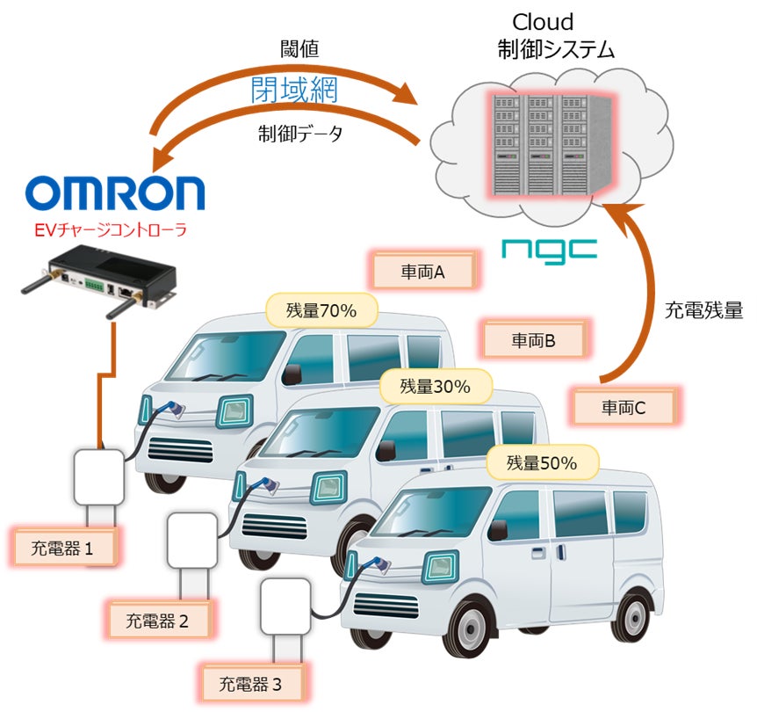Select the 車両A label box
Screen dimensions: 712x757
tap(424, 272)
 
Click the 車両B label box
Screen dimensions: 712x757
tap(534, 339)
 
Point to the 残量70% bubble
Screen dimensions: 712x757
tap(321, 309)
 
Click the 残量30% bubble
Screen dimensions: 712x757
tap(436, 385)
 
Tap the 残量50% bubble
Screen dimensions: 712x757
tap(542, 461)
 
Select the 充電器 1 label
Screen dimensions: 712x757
tap(64, 549)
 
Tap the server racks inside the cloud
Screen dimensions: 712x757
tap(541, 144)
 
